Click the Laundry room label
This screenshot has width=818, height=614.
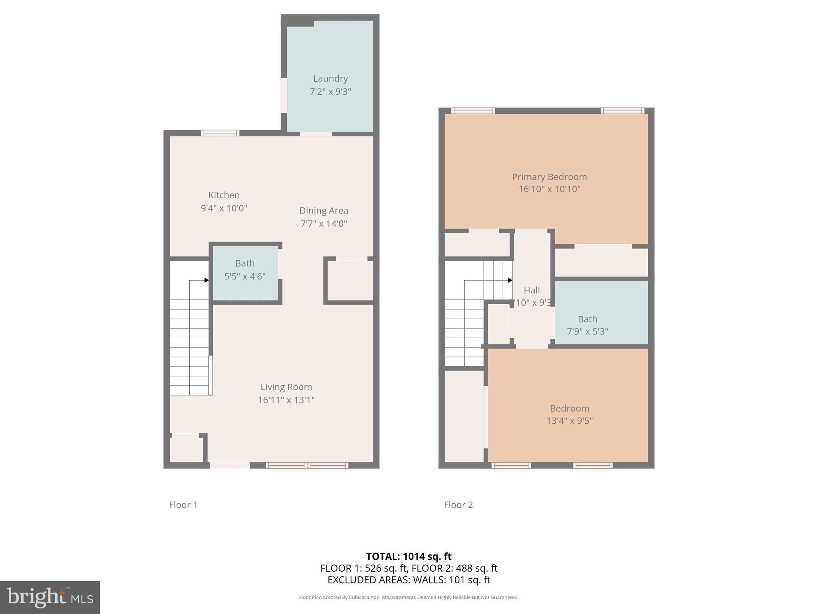point(330,79)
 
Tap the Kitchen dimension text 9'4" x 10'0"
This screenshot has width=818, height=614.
point(224,208)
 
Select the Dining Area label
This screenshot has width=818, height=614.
point(324,211)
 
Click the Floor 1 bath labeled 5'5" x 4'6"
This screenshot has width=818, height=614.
point(244,270)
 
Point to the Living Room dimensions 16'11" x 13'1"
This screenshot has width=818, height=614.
point(286,400)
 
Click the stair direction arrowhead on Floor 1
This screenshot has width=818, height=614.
point(206,280)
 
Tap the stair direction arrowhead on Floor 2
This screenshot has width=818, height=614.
point(510,280)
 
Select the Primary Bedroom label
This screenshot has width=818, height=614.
point(549,177)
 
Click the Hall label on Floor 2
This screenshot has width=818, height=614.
point(532,291)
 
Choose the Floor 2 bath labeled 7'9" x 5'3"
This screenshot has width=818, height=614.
point(587,325)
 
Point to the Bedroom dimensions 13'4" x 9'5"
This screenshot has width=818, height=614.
point(569,421)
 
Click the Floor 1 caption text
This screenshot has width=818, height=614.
point(183,505)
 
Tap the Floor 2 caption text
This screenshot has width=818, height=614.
point(458,505)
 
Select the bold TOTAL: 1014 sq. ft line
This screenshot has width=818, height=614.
point(409,556)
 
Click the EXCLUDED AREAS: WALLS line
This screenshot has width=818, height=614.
point(409,580)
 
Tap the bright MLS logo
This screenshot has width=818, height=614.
point(50,598)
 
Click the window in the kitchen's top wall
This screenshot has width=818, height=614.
point(220,133)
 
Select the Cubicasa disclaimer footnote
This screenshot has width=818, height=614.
point(409,597)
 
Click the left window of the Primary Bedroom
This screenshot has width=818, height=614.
point(473,111)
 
